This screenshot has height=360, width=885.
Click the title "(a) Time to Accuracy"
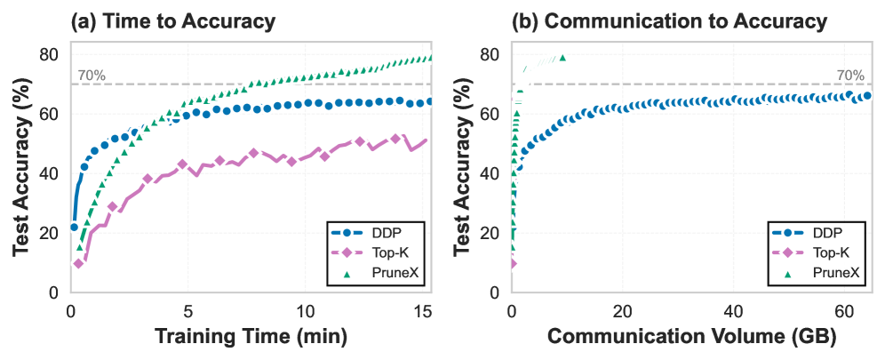[173, 20]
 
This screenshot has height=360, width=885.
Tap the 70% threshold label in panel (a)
[92, 76]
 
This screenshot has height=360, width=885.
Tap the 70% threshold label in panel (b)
[850, 76]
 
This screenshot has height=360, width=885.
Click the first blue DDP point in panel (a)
[74, 227]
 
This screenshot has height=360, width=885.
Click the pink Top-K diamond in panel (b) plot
[513, 263]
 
